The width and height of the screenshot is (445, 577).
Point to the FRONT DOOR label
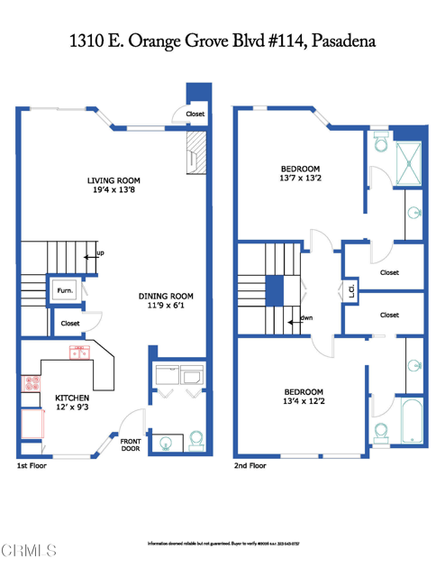(x=132, y=444)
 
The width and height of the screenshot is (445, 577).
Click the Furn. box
(x=66, y=291)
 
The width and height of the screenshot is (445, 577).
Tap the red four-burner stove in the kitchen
(x=32, y=382)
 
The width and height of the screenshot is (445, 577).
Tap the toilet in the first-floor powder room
(x=195, y=440)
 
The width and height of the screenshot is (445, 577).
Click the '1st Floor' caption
(x=32, y=466)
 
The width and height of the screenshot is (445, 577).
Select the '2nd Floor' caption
(x=250, y=466)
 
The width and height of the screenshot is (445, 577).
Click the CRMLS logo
(x=29, y=550)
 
